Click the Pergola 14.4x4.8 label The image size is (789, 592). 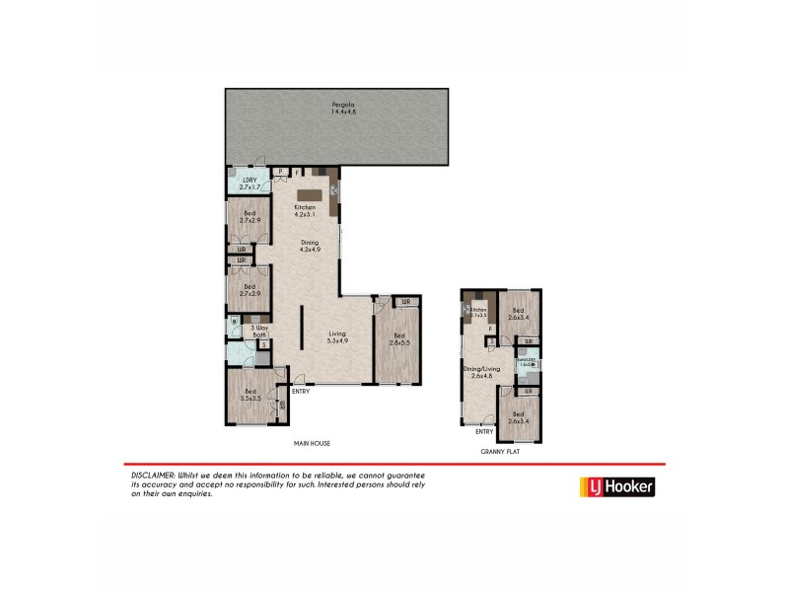click(x=343, y=108)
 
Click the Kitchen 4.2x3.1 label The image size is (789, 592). click(x=305, y=210)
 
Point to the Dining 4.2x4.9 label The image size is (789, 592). click(x=312, y=247)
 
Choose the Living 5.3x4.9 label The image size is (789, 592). click(x=338, y=337)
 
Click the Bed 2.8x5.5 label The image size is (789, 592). click(x=399, y=338)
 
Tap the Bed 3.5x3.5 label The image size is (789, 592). click(x=251, y=396)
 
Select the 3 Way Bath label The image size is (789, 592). click(x=260, y=331)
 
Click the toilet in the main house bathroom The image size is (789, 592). click(x=234, y=322)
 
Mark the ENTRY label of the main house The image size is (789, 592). click(x=301, y=392)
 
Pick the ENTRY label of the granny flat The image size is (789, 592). click(x=484, y=431)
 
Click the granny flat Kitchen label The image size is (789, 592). click(x=479, y=312)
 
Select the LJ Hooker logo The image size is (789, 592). click(x=615, y=486)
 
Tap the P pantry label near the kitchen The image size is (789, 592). click(x=281, y=172)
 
